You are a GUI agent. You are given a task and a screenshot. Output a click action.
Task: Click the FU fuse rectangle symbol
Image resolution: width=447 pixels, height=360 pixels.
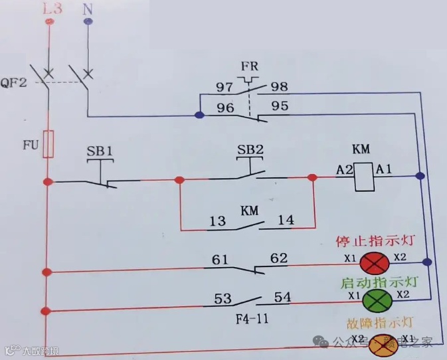point(48,144)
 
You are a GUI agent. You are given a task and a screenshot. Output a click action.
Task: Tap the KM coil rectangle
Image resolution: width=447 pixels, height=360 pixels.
point(363,177)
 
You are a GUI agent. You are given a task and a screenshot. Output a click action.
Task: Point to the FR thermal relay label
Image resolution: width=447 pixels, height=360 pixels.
point(250,66)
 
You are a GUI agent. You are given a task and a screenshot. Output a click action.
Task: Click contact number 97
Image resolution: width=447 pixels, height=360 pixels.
point(225,87)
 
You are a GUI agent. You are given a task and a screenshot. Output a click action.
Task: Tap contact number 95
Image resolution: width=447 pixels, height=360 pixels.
point(280,105)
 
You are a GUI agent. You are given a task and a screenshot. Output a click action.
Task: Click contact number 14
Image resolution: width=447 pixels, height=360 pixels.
point(286,221)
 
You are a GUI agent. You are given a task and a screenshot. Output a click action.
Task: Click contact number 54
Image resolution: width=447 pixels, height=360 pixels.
point(282,298)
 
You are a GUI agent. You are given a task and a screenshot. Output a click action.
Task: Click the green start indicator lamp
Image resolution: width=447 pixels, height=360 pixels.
point(375,300)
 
